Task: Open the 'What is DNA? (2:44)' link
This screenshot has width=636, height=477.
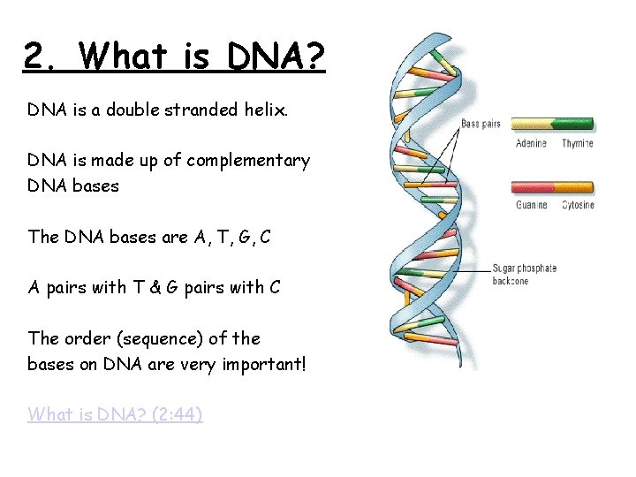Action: (115, 413)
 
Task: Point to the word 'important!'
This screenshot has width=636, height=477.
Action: (264, 363)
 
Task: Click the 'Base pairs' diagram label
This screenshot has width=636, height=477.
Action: (481, 124)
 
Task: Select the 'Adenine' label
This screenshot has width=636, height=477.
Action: (531, 143)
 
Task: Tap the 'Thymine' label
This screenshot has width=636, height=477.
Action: (578, 143)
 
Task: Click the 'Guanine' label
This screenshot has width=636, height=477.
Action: (532, 205)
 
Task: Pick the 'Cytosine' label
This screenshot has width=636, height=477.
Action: (579, 205)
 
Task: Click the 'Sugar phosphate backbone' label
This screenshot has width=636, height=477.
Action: (525, 274)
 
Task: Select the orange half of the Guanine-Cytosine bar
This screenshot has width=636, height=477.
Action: (574, 186)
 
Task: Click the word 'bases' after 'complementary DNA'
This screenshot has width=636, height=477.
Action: (95, 186)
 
